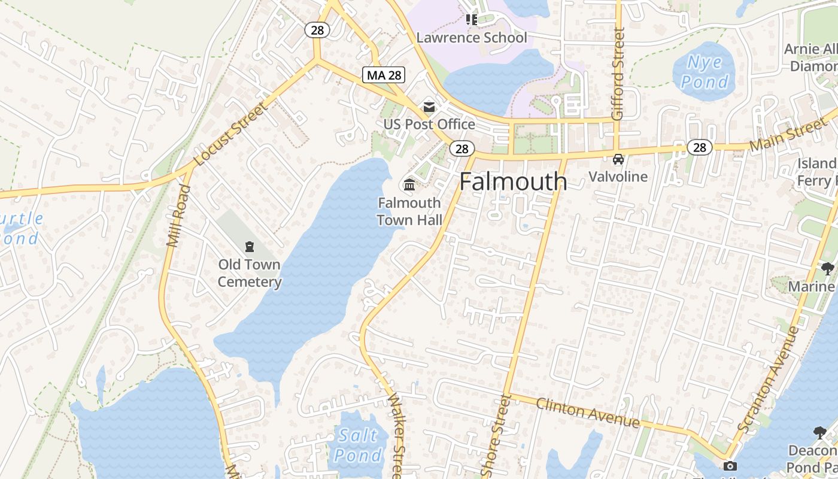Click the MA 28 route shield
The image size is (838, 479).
coord(384,75)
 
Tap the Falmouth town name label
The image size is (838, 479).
coord(513,181)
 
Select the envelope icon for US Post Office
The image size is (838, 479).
coord(429,107)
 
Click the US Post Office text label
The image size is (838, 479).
coord(429,125)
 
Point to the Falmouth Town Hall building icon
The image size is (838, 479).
coord(409,184)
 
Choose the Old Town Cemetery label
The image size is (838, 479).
coord(249,273)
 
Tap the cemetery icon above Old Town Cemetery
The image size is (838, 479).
coord(249,246)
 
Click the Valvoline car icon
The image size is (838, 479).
coord(618,159)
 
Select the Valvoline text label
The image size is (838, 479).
coord(618,177)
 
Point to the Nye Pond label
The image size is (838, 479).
coord(705,72)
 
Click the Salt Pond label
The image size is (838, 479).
coord(357,445)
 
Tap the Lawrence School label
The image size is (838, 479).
coord(472,38)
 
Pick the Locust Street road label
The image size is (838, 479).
coord(230,134)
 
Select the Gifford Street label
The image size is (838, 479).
coord(618,73)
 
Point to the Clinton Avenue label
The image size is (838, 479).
coord(587,413)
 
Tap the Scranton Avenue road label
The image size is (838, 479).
coord(769,380)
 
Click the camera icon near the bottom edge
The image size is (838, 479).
coord(730,466)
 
